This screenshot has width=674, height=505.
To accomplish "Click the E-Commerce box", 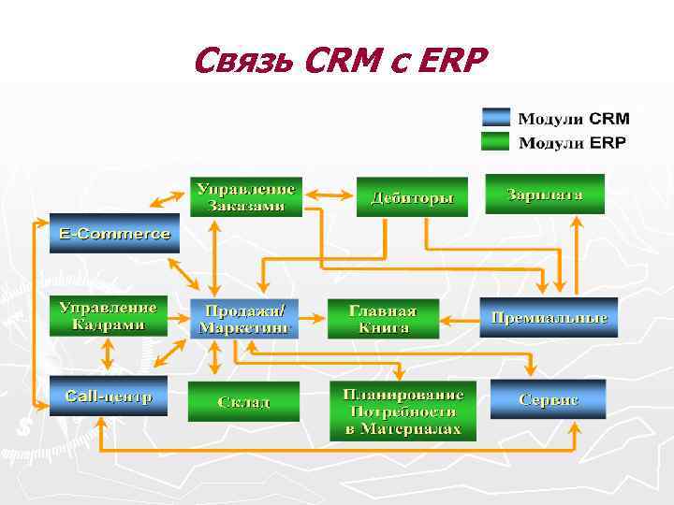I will [115, 234].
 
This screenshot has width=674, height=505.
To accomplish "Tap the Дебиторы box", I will [412, 197].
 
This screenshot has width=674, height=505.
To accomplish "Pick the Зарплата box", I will [545, 194].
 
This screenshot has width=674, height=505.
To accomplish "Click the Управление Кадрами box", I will [109, 316].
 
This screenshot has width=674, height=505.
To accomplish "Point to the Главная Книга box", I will [383, 319].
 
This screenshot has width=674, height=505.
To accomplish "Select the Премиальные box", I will [549, 318].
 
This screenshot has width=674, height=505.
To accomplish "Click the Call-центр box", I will [109, 397].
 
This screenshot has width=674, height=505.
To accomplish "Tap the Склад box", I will [244, 400].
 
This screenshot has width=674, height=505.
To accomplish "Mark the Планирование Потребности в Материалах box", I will [403, 410].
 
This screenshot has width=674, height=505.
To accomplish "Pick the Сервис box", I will [549, 398].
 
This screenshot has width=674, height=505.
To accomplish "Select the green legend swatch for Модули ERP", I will [496, 142].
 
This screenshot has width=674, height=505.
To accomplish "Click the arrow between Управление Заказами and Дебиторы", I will [329, 194].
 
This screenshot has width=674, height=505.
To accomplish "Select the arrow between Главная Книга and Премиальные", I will [459, 319].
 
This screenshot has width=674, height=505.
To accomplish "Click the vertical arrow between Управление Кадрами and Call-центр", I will [108, 356].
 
